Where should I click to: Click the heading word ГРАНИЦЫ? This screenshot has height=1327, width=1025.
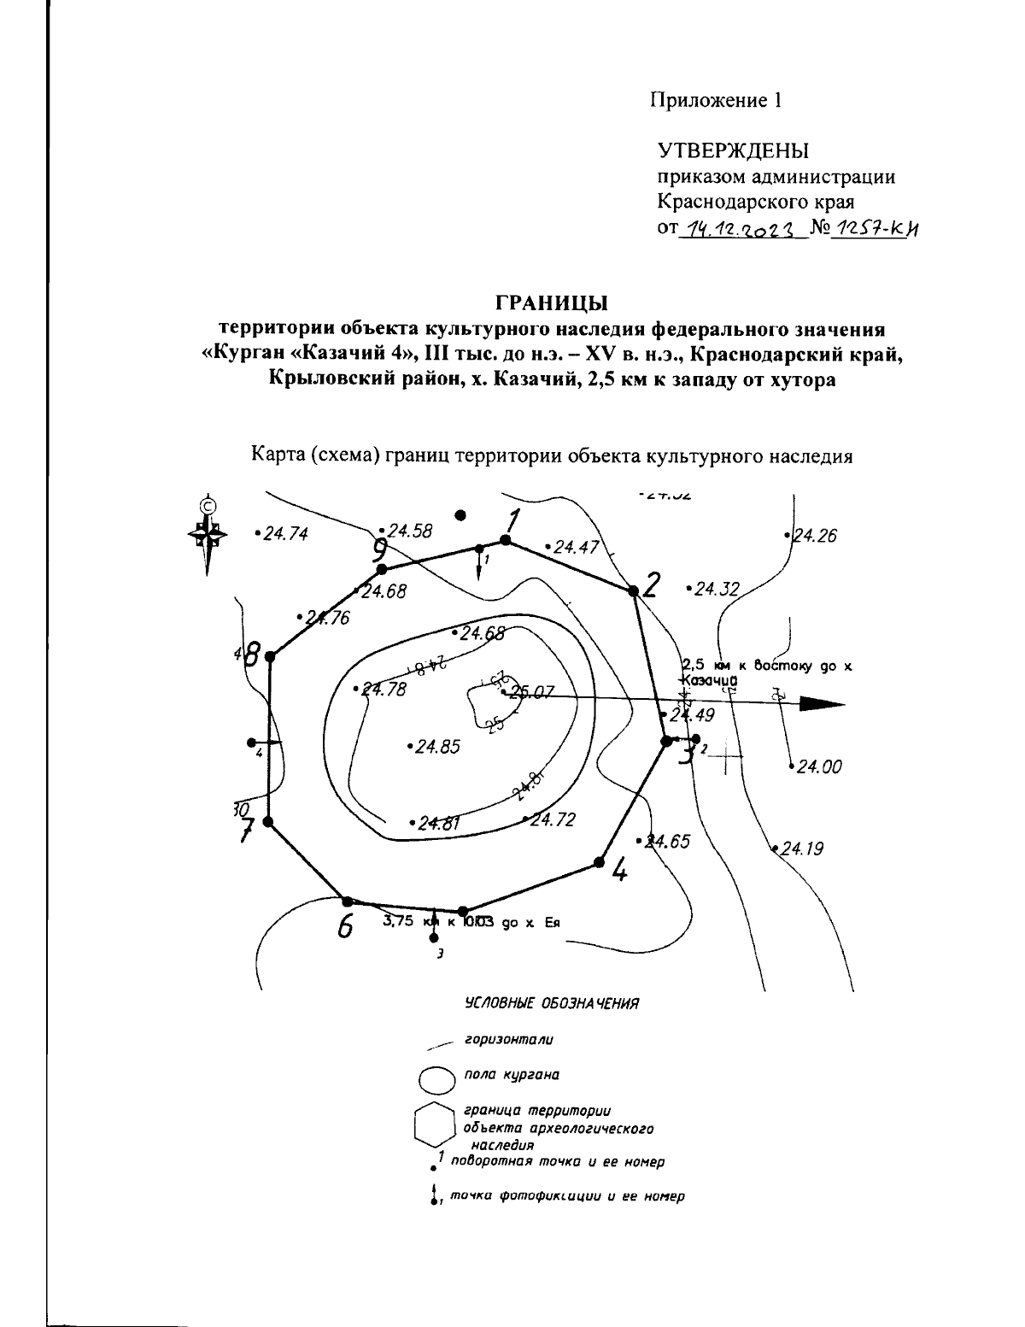coord(552,303)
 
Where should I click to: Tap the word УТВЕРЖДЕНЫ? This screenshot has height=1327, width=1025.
coord(733,151)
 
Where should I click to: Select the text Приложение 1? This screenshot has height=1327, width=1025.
coord(717,101)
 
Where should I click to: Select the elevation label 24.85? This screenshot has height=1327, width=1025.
coord(437,747)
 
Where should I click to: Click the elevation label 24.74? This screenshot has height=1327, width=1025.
coord(284,534)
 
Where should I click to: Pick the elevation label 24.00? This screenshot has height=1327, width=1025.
coord(818,767)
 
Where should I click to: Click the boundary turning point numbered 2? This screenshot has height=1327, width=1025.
coord(633,590)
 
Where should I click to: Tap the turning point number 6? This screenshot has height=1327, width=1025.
coord(345,926)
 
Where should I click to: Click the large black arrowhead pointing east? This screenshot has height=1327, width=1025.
coord(821,703)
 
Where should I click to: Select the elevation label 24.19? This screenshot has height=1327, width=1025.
coord(800,849)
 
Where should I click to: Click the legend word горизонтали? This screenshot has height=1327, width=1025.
coord(508,1040)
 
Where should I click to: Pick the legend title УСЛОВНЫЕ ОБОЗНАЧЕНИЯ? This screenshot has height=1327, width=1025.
coord(551,1003)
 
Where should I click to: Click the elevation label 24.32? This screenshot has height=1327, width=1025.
coord(716,589)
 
